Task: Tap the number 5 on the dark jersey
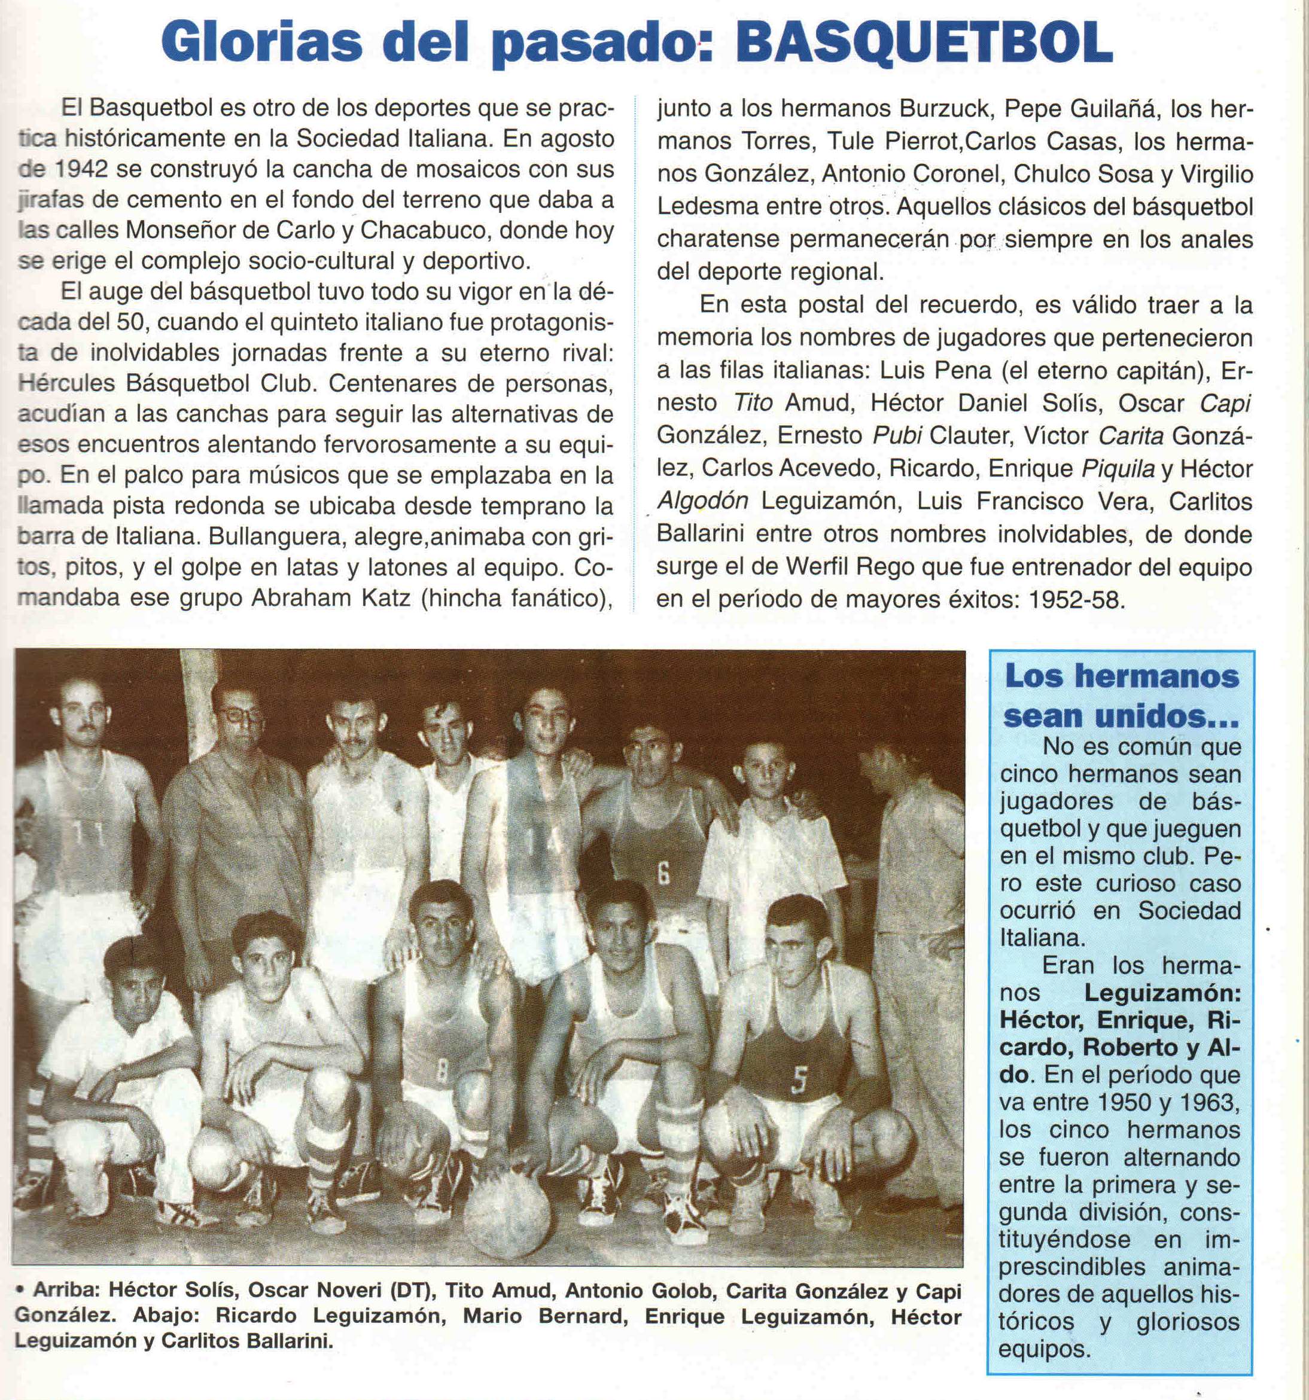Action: pyautogui.click(x=797, y=1082)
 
